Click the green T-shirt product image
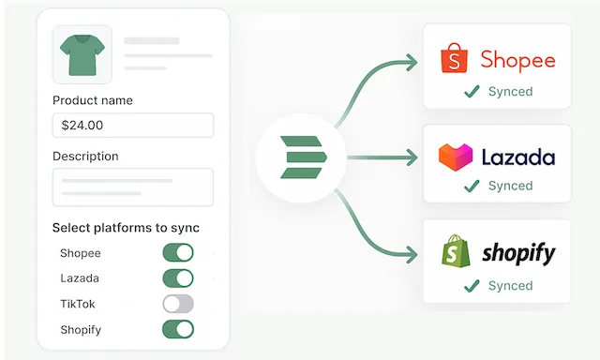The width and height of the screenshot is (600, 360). (x=82, y=55)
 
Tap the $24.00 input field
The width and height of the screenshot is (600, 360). (x=132, y=125)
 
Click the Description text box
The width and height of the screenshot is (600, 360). (x=132, y=187)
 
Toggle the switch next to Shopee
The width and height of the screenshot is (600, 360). (x=178, y=253)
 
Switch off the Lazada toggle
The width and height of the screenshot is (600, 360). (x=178, y=278)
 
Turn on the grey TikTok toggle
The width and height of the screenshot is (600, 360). (x=178, y=304)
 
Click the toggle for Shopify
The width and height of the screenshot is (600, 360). (x=178, y=329)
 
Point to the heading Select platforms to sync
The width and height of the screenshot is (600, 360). (x=126, y=228)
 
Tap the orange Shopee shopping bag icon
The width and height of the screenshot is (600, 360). (x=455, y=59)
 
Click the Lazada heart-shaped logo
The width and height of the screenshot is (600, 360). (x=456, y=156)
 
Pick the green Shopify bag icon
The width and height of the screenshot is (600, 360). (x=457, y=252)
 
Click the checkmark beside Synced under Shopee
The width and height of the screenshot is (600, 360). (x=472, y=92)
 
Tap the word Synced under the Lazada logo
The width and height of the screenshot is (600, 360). (x=510, y=187)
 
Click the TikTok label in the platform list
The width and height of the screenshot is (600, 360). (x=77, y=304)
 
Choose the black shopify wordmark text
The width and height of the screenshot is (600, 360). (x=518, y=253)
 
